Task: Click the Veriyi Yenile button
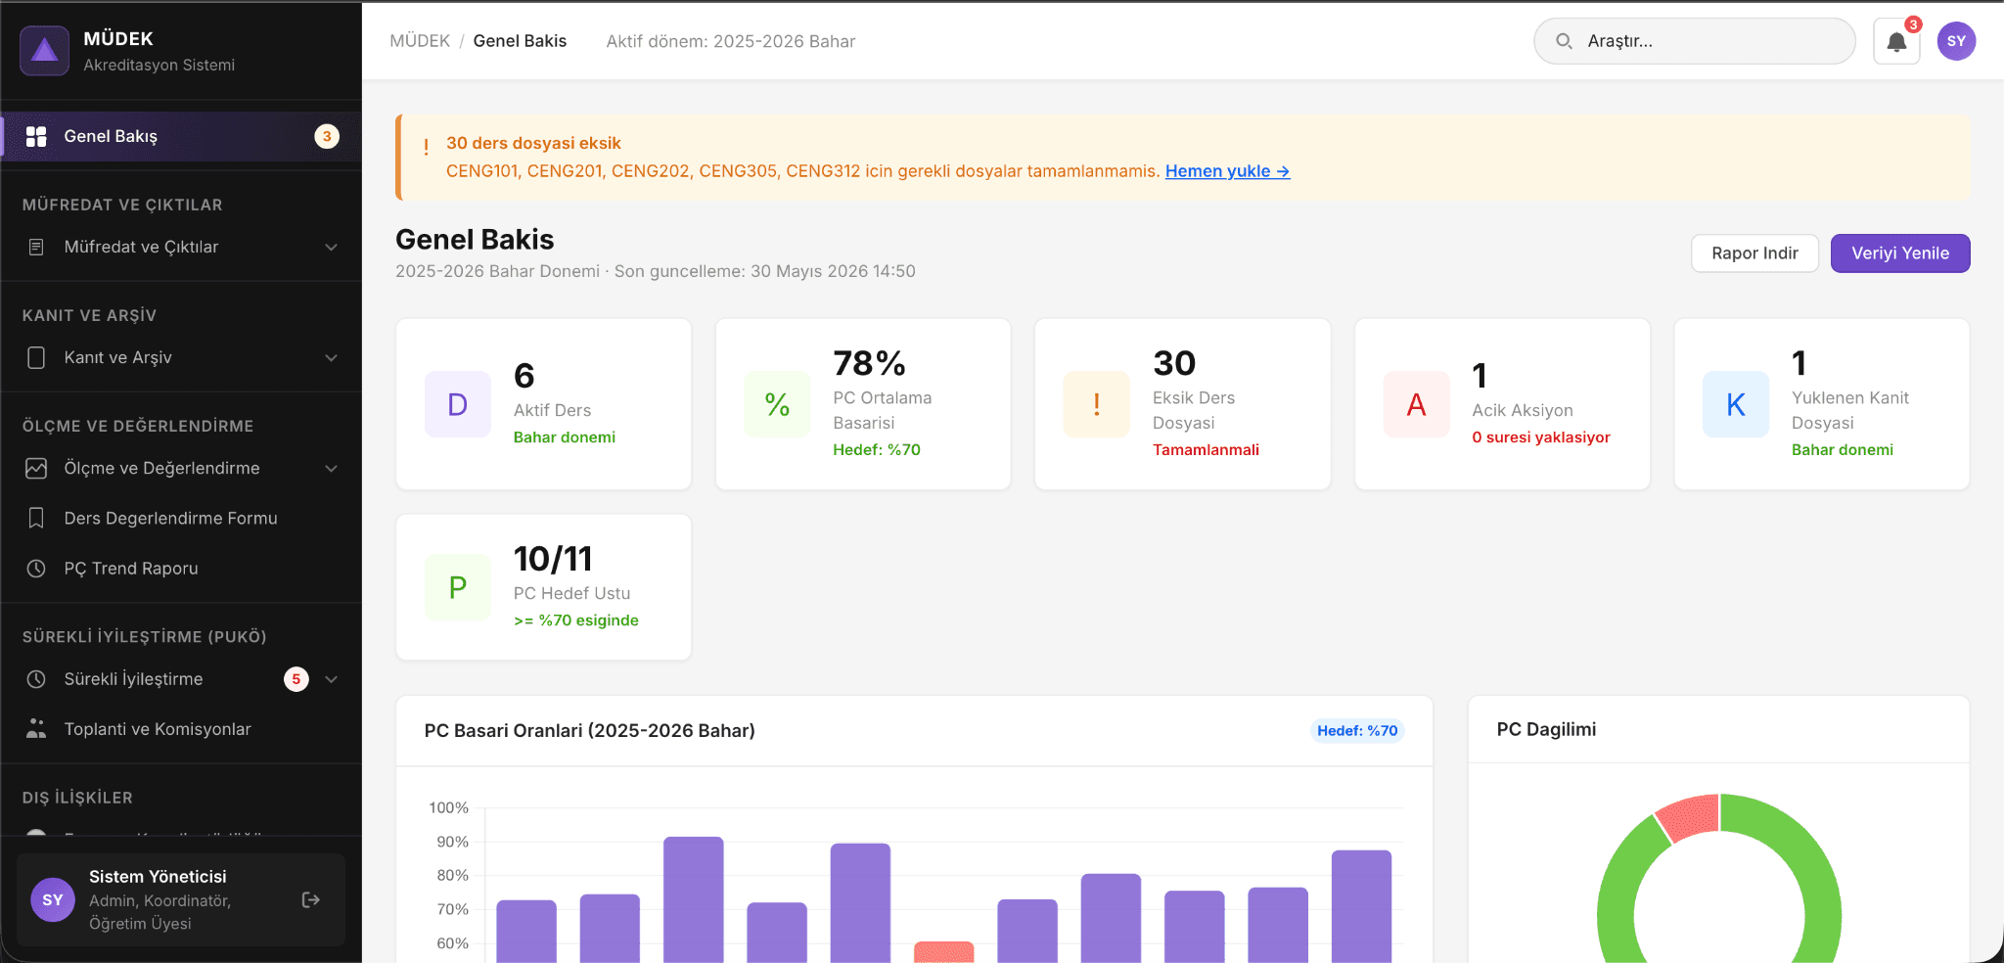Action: tap(1899, 253)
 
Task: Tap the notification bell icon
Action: tap(1896, 42)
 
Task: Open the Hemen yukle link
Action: tap(1227, 171)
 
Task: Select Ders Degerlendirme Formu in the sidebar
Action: tap(170, 518)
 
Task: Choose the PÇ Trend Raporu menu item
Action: tap(131, 569)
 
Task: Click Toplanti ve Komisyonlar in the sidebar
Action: tap(158, 729)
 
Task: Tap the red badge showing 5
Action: tap(296, 679)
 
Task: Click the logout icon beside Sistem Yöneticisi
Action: tap(311, 900)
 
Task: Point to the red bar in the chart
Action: tap(943, 951)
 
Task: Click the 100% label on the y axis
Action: tap(448, 807)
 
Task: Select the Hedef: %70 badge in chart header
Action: tap(1357, 731)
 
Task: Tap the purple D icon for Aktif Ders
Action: tap(457, 404)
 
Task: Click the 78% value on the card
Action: tap(869, 363)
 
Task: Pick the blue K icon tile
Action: tap(1735, 404)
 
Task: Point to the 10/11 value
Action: tap(553, 559)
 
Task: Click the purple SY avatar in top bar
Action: tap(1956, 41)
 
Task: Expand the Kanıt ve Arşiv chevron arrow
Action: tap(332, 358)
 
